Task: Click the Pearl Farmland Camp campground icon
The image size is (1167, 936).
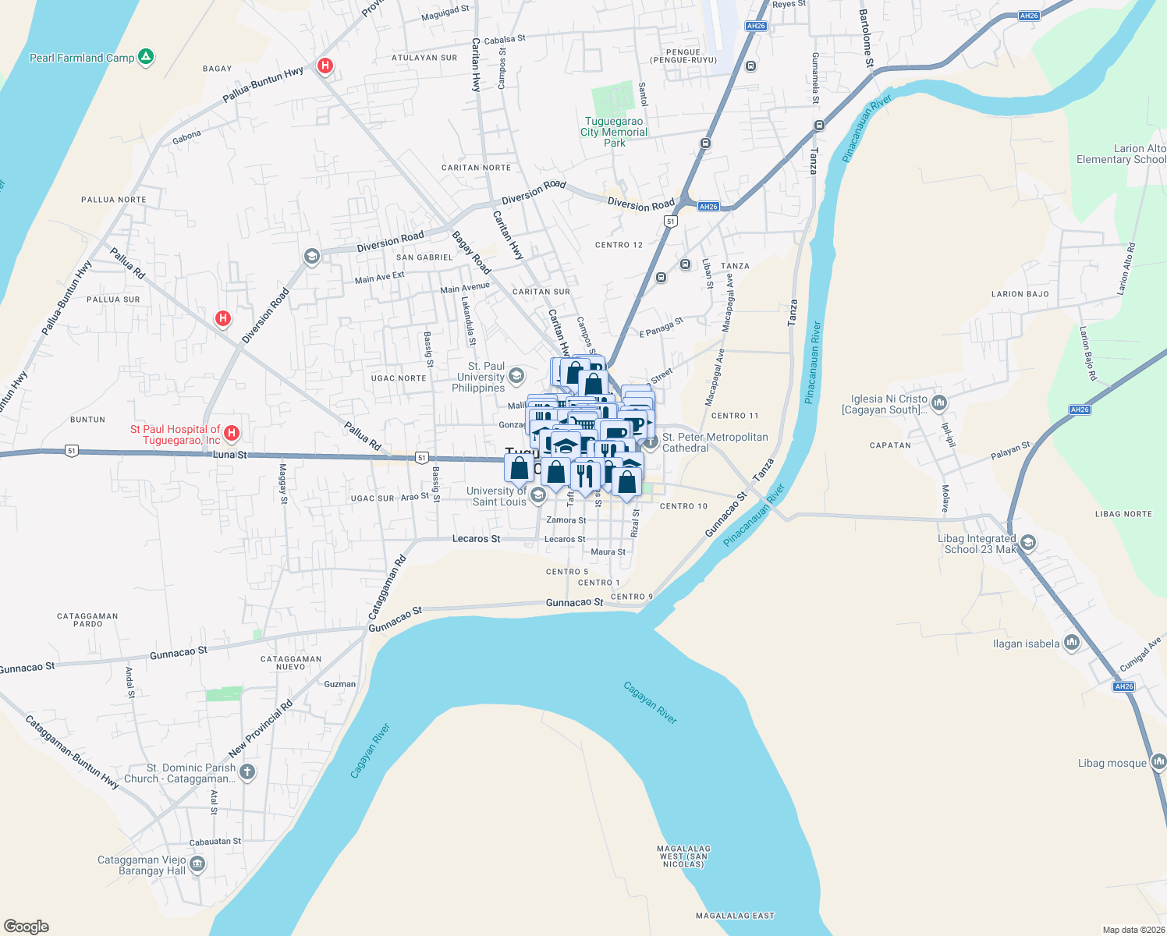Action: (x=146, y=57)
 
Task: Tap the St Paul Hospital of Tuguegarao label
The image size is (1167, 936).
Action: (x=176, y=434)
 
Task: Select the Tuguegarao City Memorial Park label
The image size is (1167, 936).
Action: (x=614, y=132)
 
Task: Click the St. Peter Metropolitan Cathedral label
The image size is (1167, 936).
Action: (x=715, y=442)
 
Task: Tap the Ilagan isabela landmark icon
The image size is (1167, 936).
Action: (x=1072, y=643)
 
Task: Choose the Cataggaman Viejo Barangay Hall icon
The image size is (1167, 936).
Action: (x=197, y=864)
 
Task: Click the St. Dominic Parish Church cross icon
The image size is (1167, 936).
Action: (x=247, y=772)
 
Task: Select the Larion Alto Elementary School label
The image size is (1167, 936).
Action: (x=1121, y=154)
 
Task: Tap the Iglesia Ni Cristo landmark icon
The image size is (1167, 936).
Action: (x=939, y=403)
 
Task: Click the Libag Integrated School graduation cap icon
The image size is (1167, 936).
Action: (x=1028, y=543)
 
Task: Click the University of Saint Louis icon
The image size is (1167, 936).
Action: (x=537, y=495)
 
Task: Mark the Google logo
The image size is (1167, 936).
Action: (x=26, y=926)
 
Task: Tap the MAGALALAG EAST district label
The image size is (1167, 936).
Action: (x=736, y=916)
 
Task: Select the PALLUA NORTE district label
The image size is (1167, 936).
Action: (x=114, y=200)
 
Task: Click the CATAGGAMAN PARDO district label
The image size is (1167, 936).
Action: (x=87, y=619)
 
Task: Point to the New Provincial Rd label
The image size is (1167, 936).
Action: (x=261, y=729)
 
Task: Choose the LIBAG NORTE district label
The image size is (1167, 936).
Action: (x=1123, y=514)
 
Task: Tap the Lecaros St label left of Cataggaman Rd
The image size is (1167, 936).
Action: (x=476, y=539)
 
